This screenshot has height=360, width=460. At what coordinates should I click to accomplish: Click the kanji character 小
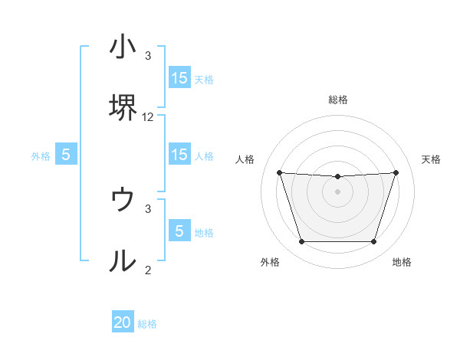click(123, 47)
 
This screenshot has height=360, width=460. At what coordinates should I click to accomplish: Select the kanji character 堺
click(123, 109)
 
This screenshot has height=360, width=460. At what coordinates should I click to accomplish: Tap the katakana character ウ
click(123, 200)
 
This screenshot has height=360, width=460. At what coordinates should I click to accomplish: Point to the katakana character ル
click(123, 262)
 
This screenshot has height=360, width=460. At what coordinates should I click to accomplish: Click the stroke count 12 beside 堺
click(148, 117)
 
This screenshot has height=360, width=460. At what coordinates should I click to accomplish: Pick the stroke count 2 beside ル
click(148, 270)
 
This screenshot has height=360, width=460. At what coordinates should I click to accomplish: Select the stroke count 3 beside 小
click(148, 56)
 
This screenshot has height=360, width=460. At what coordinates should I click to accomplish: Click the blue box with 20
click(123, 322)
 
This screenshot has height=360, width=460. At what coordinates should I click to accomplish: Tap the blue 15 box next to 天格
click(179, 78)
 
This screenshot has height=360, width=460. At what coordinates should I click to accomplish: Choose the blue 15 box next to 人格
click(179, 155)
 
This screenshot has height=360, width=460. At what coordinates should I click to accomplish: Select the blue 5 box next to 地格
click(179, 231)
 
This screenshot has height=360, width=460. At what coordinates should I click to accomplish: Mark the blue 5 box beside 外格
click(66, 155)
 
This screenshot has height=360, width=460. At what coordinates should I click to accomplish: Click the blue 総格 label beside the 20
click(147, 324)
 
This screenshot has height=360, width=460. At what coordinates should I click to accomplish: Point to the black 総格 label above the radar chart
click(338, 100)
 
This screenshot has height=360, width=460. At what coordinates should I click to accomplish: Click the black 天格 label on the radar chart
click(431, 159)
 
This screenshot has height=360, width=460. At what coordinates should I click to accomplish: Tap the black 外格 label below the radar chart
click(270, 262)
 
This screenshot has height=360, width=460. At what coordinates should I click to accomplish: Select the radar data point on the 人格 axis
click(279, 172)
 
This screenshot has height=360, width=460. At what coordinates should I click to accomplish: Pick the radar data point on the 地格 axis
click(373, 242)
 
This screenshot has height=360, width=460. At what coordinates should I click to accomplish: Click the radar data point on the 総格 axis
click(337, 177)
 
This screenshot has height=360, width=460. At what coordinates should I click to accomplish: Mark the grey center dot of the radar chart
click(337, 191)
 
